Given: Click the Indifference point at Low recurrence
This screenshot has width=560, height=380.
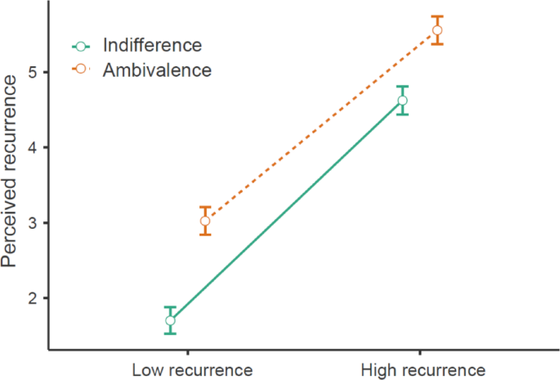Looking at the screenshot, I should pyautogui.click(x=170, y=320).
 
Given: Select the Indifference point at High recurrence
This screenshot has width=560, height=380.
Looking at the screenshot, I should pyautogui.click(x=402, y=101).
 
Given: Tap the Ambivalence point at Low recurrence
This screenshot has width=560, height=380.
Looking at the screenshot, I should pyautogui.click(x=205, y=221).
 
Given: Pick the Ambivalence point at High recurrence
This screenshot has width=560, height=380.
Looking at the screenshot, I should pyautogui.click(x=437, y=30).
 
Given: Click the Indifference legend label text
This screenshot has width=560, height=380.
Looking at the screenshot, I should pyautogui.click(x=152, y=45).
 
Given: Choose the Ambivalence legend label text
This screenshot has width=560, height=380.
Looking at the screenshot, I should pyautogui.click(x=157, y=70).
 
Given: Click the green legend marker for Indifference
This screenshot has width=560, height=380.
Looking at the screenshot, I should pyautogui.click(x=80, y=46).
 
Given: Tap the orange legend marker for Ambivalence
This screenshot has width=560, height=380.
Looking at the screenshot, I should pyautogui.click(x=80, y=70).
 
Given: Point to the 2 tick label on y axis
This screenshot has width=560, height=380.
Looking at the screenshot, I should pyautogui.click(x=34, y=298).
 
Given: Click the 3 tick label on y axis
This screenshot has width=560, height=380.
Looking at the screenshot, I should pyautogui.click(x=34, y=223).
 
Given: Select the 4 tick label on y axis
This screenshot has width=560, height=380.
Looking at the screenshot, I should pyautogui.click(x=34, y=148).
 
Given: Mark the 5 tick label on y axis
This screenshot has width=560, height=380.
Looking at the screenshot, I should pyautogui.click(x=34, y=73).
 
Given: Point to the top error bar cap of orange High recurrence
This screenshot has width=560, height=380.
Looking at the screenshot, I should pyautogui.click(x=437, y=16).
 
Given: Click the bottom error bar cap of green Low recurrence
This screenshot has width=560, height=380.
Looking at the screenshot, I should pyautogui.click(x=170, y=333).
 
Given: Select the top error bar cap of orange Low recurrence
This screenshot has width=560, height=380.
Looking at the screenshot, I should pyautogui.click(x=205, y=207).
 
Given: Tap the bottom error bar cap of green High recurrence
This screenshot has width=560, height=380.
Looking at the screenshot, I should pyautogui.click(x=402, y=114).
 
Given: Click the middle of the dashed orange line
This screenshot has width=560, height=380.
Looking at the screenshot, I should pyautogui.click(x=321, y=126).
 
